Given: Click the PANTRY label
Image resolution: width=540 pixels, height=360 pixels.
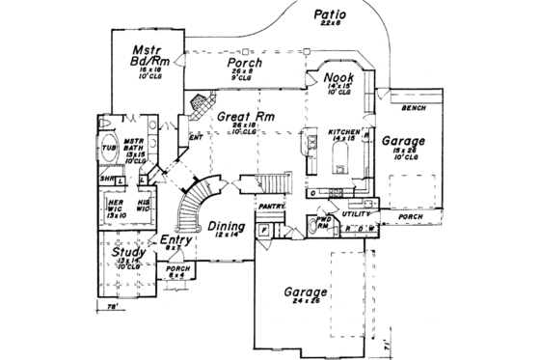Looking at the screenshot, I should pyautogui.click(x=269, y=206).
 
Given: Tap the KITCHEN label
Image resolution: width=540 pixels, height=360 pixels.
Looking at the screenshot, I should pyautogui.click(x=343, y=131).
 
